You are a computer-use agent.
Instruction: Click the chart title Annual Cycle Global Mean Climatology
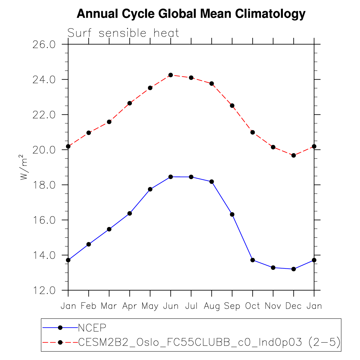click(191, 14)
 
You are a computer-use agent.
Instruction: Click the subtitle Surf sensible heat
click(123, 33)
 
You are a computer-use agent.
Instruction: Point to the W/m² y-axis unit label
click(24, 167)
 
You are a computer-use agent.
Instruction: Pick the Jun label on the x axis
click(171, 306)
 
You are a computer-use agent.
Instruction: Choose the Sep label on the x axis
click(232, 306)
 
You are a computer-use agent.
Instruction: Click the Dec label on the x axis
click(294, 306)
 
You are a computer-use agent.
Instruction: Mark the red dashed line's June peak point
click(171, 75)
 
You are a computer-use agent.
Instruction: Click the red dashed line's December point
click(294, 155)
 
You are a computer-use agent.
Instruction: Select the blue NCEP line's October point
click(253, 260)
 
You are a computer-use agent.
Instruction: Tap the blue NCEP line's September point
click(232, 214)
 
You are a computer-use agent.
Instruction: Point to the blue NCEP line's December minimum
click(294, 269)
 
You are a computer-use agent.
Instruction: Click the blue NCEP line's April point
click(130, 213)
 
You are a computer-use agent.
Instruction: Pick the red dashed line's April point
click(130, 103)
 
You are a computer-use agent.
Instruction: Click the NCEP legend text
click(92, 328)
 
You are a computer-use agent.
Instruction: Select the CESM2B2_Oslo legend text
click(209, 342)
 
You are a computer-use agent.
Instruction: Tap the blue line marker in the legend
click(60, 328)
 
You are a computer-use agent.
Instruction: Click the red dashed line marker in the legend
click(60, 342)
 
